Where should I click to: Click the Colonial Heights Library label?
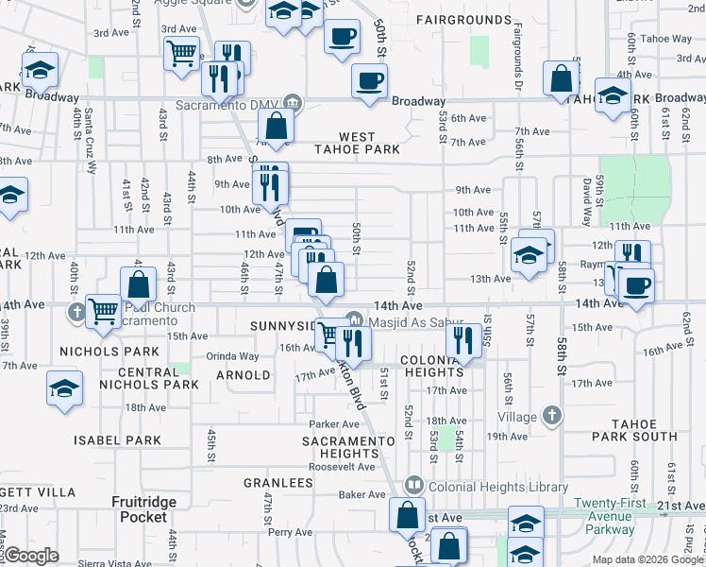pos(484,485)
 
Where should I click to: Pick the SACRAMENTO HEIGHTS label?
pos(347,448)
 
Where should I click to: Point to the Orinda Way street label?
pos(232,356)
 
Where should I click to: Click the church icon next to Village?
pos(552,415)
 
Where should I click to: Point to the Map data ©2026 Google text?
pos(648,559)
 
